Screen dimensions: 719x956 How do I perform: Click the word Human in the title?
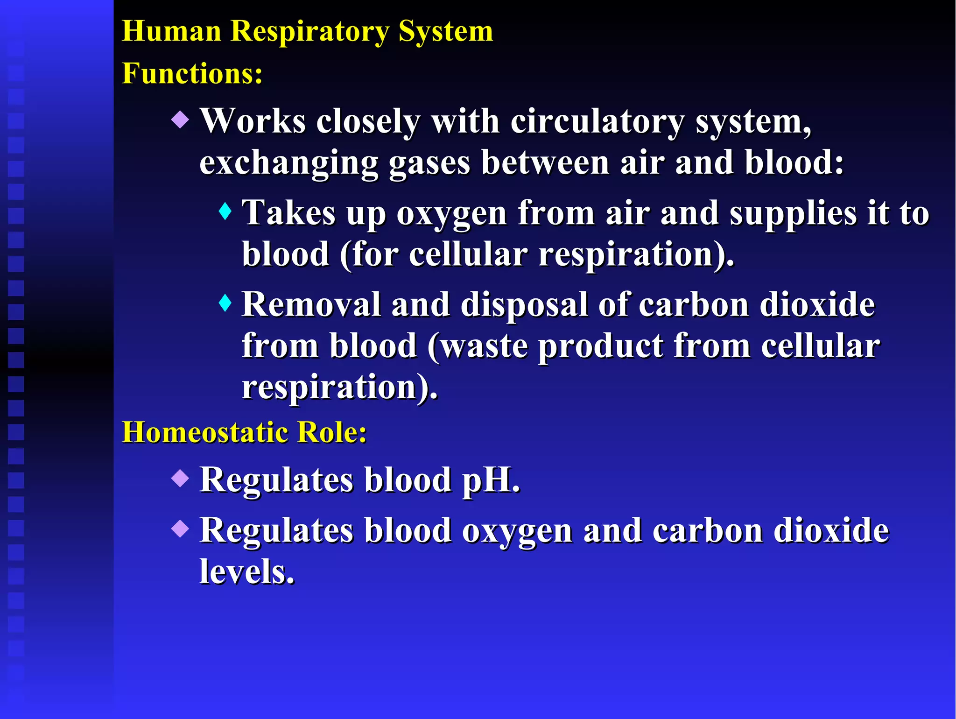[x=171, y=32]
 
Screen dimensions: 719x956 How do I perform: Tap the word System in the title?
[x=445, y=32]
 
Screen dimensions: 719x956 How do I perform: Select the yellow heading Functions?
[x=192, y=74]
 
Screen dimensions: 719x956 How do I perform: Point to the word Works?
[x=253, y=121]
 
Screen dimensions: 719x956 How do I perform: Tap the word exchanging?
[x=288, y=163]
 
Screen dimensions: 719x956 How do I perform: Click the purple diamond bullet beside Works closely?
[x=180, y=120]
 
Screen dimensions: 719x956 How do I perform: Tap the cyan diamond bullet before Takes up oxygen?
[x=225, y=211]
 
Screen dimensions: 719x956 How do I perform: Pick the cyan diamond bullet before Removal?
[x=225, y=303]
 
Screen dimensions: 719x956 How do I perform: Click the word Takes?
[x=288, y=213]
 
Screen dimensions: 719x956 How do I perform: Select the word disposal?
[x=524, y=305]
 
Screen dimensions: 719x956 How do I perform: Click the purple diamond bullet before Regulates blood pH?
[x=180, y=479]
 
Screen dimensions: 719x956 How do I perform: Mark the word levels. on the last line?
[x=247, y=571]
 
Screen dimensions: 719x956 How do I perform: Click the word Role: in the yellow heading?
[x=332, y=432]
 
